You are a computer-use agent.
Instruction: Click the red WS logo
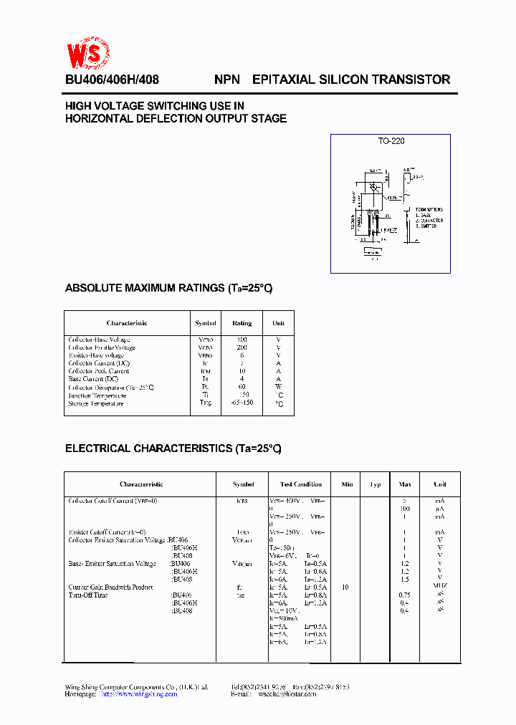(88, 54)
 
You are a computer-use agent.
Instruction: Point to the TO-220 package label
(391, 141)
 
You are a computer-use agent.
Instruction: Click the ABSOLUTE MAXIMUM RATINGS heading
(168, 288)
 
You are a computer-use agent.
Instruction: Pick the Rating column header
(242, 323)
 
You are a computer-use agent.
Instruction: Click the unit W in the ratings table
(279, 388)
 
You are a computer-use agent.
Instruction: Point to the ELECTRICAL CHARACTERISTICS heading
(173, 448)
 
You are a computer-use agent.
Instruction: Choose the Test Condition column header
(301, 484)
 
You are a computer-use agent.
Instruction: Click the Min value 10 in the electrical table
(345, 587)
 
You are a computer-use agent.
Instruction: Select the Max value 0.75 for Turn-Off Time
(404, 595)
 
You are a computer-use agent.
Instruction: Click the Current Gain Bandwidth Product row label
(110, 587)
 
